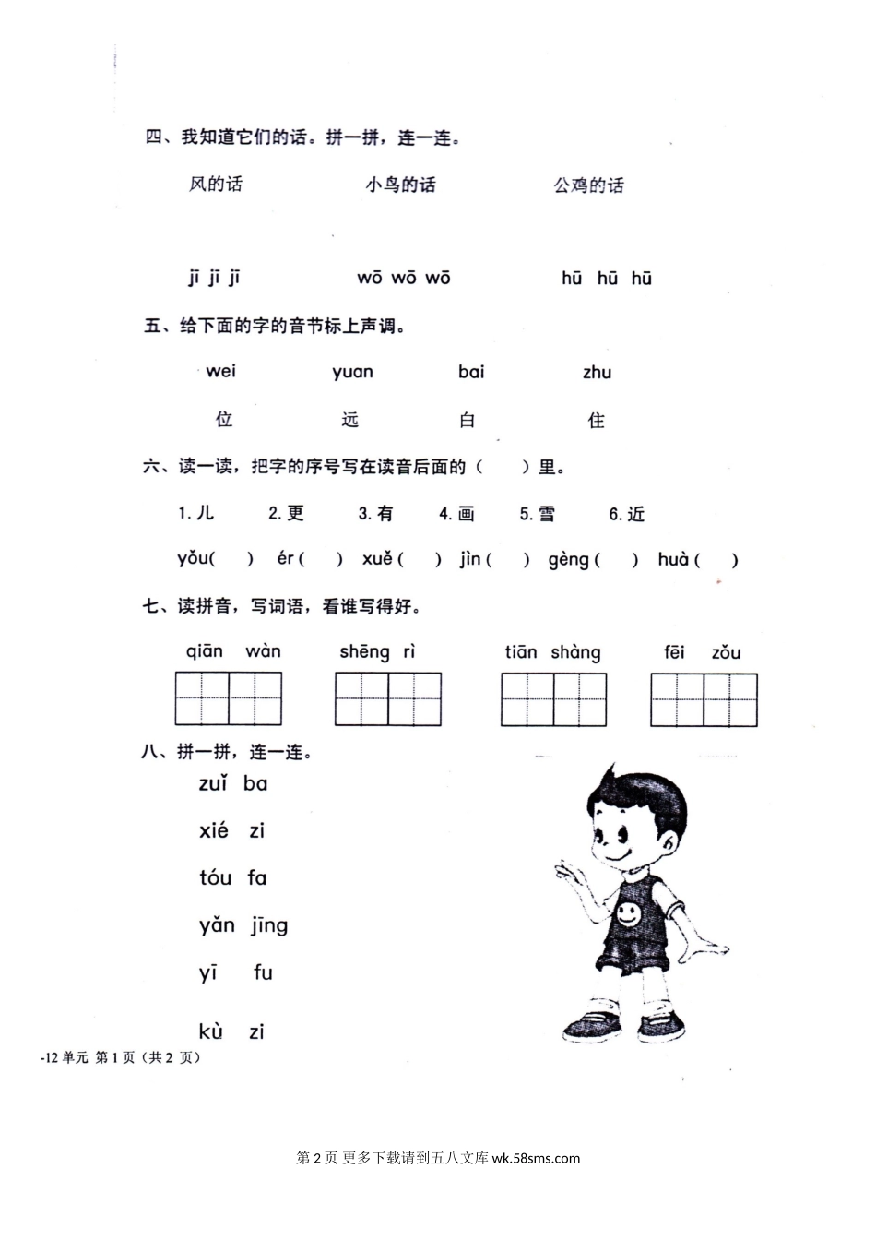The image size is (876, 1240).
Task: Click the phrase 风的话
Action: (x=216, y=185)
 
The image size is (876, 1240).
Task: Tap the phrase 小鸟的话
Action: (x=400, y=185)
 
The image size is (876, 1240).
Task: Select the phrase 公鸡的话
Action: (x=588, y=186)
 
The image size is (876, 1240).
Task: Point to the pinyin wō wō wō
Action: (x=404, y=278)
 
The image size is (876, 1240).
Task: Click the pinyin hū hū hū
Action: (x=607, y=278)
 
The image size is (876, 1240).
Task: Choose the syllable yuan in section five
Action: (x=352, y=373)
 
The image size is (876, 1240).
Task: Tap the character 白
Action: (x=468, y=421)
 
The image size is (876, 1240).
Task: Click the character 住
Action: (x=597, y=421)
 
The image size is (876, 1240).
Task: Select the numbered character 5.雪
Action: (x=538, y=514)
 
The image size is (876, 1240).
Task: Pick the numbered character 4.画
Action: (x=456, y=514)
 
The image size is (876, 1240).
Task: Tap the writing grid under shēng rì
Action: (x=388, y=698)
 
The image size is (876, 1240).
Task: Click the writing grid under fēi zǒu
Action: (x=704, y=699)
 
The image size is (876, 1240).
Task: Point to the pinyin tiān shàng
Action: (x=552, y=652)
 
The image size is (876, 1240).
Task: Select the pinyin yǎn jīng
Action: (x=243, y=925)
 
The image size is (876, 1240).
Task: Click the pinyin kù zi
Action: (x=231, y=1031)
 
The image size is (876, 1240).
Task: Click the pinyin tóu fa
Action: (x=232, y=877)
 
